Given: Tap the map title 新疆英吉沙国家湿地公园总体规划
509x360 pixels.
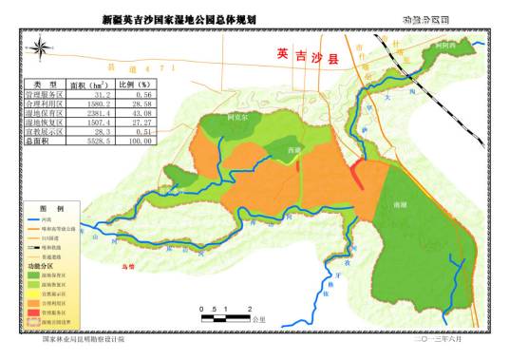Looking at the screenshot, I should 179,18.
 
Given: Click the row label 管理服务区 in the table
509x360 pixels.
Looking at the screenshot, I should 45,95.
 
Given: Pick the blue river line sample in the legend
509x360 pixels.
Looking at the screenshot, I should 34,218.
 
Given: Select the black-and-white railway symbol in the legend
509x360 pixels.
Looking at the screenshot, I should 34,246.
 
